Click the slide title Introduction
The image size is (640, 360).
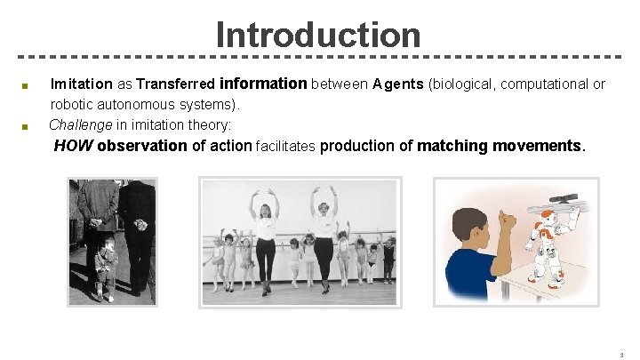pyautogui.click(x=317, y=35)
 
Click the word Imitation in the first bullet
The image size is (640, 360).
pyautogui.click(x=82, y=84)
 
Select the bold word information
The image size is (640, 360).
pyautogui.click(x=263, y=84)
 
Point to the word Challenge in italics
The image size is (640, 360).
pyautogui.click(x=81, y=124)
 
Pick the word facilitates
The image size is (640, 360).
pyautogui.click(x=285, y=147)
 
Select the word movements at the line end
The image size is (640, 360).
pyautogui.click(x=539, y=146)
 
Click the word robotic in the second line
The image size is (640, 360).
pyautogui.click(x=71, y=105)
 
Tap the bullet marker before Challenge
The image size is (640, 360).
pyautogui.click(x=26, y=126)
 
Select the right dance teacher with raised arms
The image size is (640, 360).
pyautogui.click(x=323, y=236)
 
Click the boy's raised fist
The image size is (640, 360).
pyautogui.click(x=508, y=218)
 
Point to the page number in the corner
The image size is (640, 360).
pyautogui.click(x=621, y=353)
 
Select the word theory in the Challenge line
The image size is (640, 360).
pyautogui.click(x=212, y=124)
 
